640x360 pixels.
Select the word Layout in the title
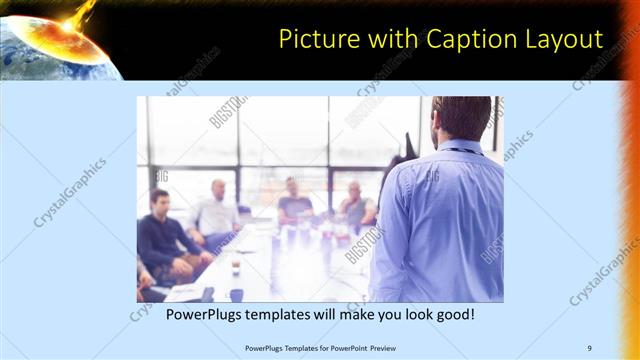566,39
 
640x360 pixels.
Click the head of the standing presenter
460,118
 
